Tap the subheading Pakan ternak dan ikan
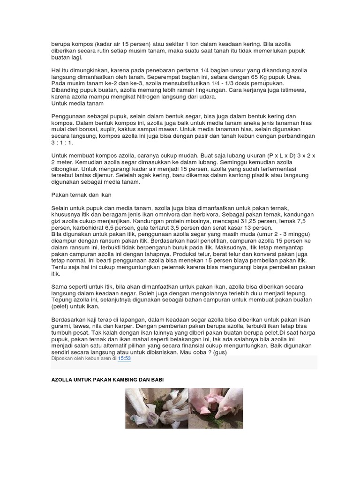(80, 194)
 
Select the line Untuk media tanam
(77, 103)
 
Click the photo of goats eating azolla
(157, 408)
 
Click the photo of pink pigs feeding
(216, 408)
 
